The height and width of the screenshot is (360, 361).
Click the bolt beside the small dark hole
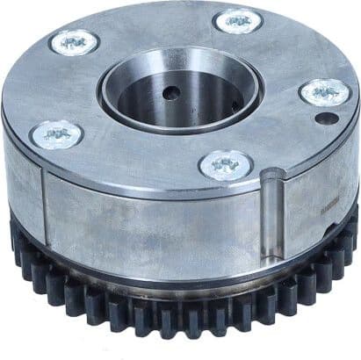point(324,91)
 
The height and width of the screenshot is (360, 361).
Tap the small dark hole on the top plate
point(326,117)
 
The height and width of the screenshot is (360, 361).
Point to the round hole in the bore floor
point(170,92)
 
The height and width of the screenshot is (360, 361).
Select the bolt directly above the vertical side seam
point(56,134)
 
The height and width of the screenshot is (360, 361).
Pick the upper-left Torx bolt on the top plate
point(73,40)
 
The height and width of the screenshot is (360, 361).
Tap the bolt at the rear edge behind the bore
point(237,19)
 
